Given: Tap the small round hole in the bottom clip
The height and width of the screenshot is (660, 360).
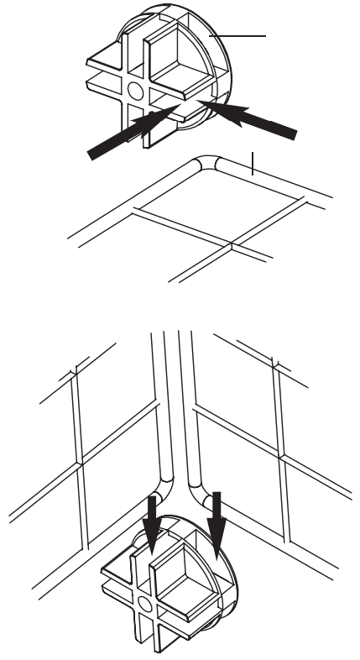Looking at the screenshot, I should click(145, 603).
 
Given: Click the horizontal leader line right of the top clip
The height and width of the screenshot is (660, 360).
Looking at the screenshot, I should click(243, 37).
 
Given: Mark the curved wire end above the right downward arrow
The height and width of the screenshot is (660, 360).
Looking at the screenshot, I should click(201, 487).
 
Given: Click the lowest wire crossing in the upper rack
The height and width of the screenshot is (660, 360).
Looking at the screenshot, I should click(232, 249).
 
